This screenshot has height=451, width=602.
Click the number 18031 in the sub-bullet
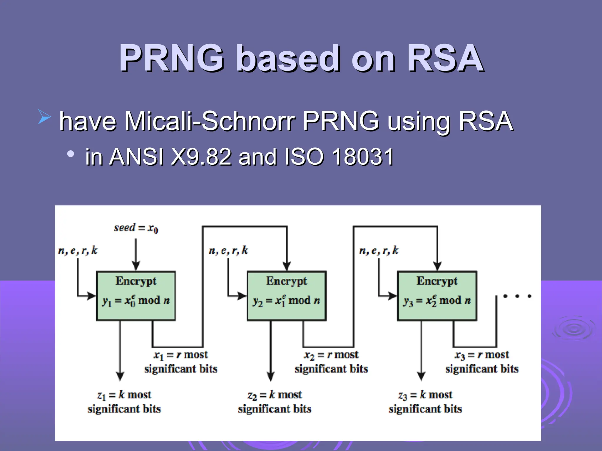363,157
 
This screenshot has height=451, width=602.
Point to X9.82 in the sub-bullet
201,157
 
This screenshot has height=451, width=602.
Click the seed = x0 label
136,228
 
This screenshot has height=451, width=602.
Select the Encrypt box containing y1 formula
136,296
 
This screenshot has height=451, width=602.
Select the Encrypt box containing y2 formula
287,296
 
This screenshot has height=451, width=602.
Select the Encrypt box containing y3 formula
437,296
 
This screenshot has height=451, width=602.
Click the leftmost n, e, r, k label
78,250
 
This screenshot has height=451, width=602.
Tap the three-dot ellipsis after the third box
517,296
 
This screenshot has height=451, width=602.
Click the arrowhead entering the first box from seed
136,266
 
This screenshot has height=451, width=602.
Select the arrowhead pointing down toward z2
271,376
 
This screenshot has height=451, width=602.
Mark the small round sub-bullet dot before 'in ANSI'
71,154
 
